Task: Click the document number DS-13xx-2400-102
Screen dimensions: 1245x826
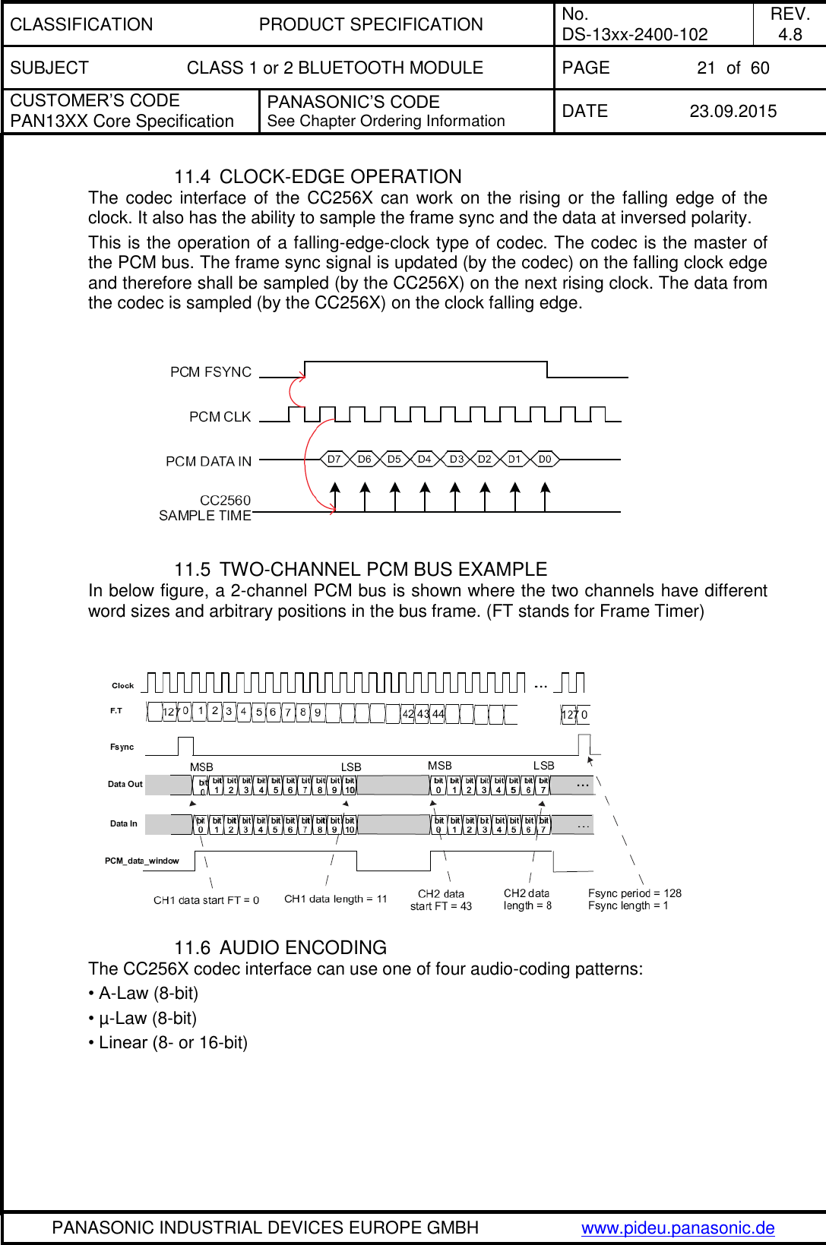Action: [635, 34]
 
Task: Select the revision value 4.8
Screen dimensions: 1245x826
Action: [790, 34]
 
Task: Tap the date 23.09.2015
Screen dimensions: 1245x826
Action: [733, 112]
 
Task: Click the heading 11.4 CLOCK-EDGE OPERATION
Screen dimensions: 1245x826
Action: [318, 177]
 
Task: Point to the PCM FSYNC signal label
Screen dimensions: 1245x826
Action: [210, 372]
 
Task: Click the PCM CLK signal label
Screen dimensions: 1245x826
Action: [220, 417]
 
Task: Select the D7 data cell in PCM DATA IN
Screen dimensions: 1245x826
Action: [334, 460]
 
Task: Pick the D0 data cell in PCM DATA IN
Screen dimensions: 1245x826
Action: [544, 460]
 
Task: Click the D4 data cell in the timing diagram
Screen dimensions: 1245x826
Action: [424, 460]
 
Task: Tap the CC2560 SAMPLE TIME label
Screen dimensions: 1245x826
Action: [205, 507]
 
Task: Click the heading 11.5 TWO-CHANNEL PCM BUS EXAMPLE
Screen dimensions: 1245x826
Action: [360, 570]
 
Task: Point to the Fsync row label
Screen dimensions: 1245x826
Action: [122, 747]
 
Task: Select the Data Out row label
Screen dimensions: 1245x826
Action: [125, 784]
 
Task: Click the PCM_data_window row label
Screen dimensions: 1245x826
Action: [141, 861]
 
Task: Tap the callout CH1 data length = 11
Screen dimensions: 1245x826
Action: [335, 899]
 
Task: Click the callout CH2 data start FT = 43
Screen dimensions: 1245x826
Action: [441, 900]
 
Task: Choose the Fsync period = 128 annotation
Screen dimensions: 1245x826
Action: [635, 893]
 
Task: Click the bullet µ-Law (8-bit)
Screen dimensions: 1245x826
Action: [142, 1019]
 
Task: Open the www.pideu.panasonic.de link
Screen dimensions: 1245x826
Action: [677, 1228]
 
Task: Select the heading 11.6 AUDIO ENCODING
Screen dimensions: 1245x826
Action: [280, 948]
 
